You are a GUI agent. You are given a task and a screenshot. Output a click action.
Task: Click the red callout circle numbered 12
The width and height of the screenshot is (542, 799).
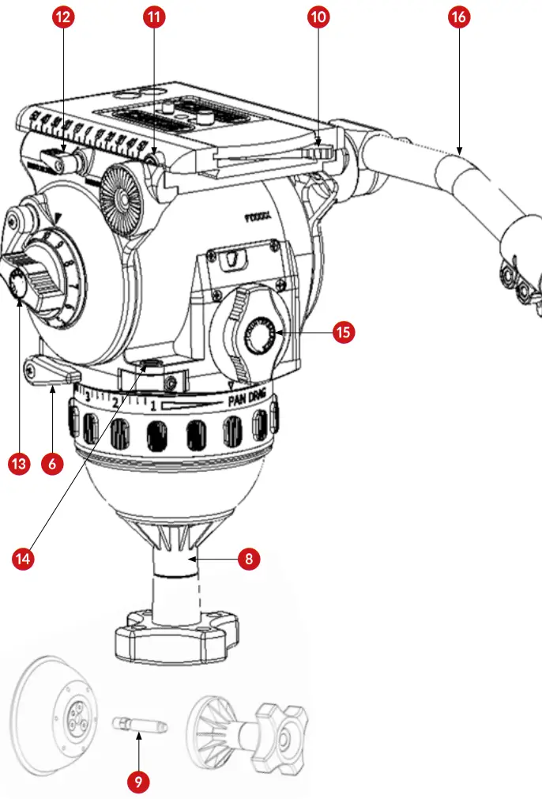63,17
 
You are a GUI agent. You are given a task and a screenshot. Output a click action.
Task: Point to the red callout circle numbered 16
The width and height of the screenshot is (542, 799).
458,17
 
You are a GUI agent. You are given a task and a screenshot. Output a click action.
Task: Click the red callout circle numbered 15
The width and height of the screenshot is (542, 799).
343,333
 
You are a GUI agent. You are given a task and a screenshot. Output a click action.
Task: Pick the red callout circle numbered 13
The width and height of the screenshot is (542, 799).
19,464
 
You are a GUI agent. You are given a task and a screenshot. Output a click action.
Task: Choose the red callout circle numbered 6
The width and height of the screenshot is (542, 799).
52,464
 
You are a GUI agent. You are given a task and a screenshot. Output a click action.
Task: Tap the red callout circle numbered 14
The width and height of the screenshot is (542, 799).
24,558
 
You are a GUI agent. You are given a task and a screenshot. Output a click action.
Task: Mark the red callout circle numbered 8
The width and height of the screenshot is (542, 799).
249,559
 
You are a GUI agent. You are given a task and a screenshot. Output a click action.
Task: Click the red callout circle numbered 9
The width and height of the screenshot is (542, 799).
137,782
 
